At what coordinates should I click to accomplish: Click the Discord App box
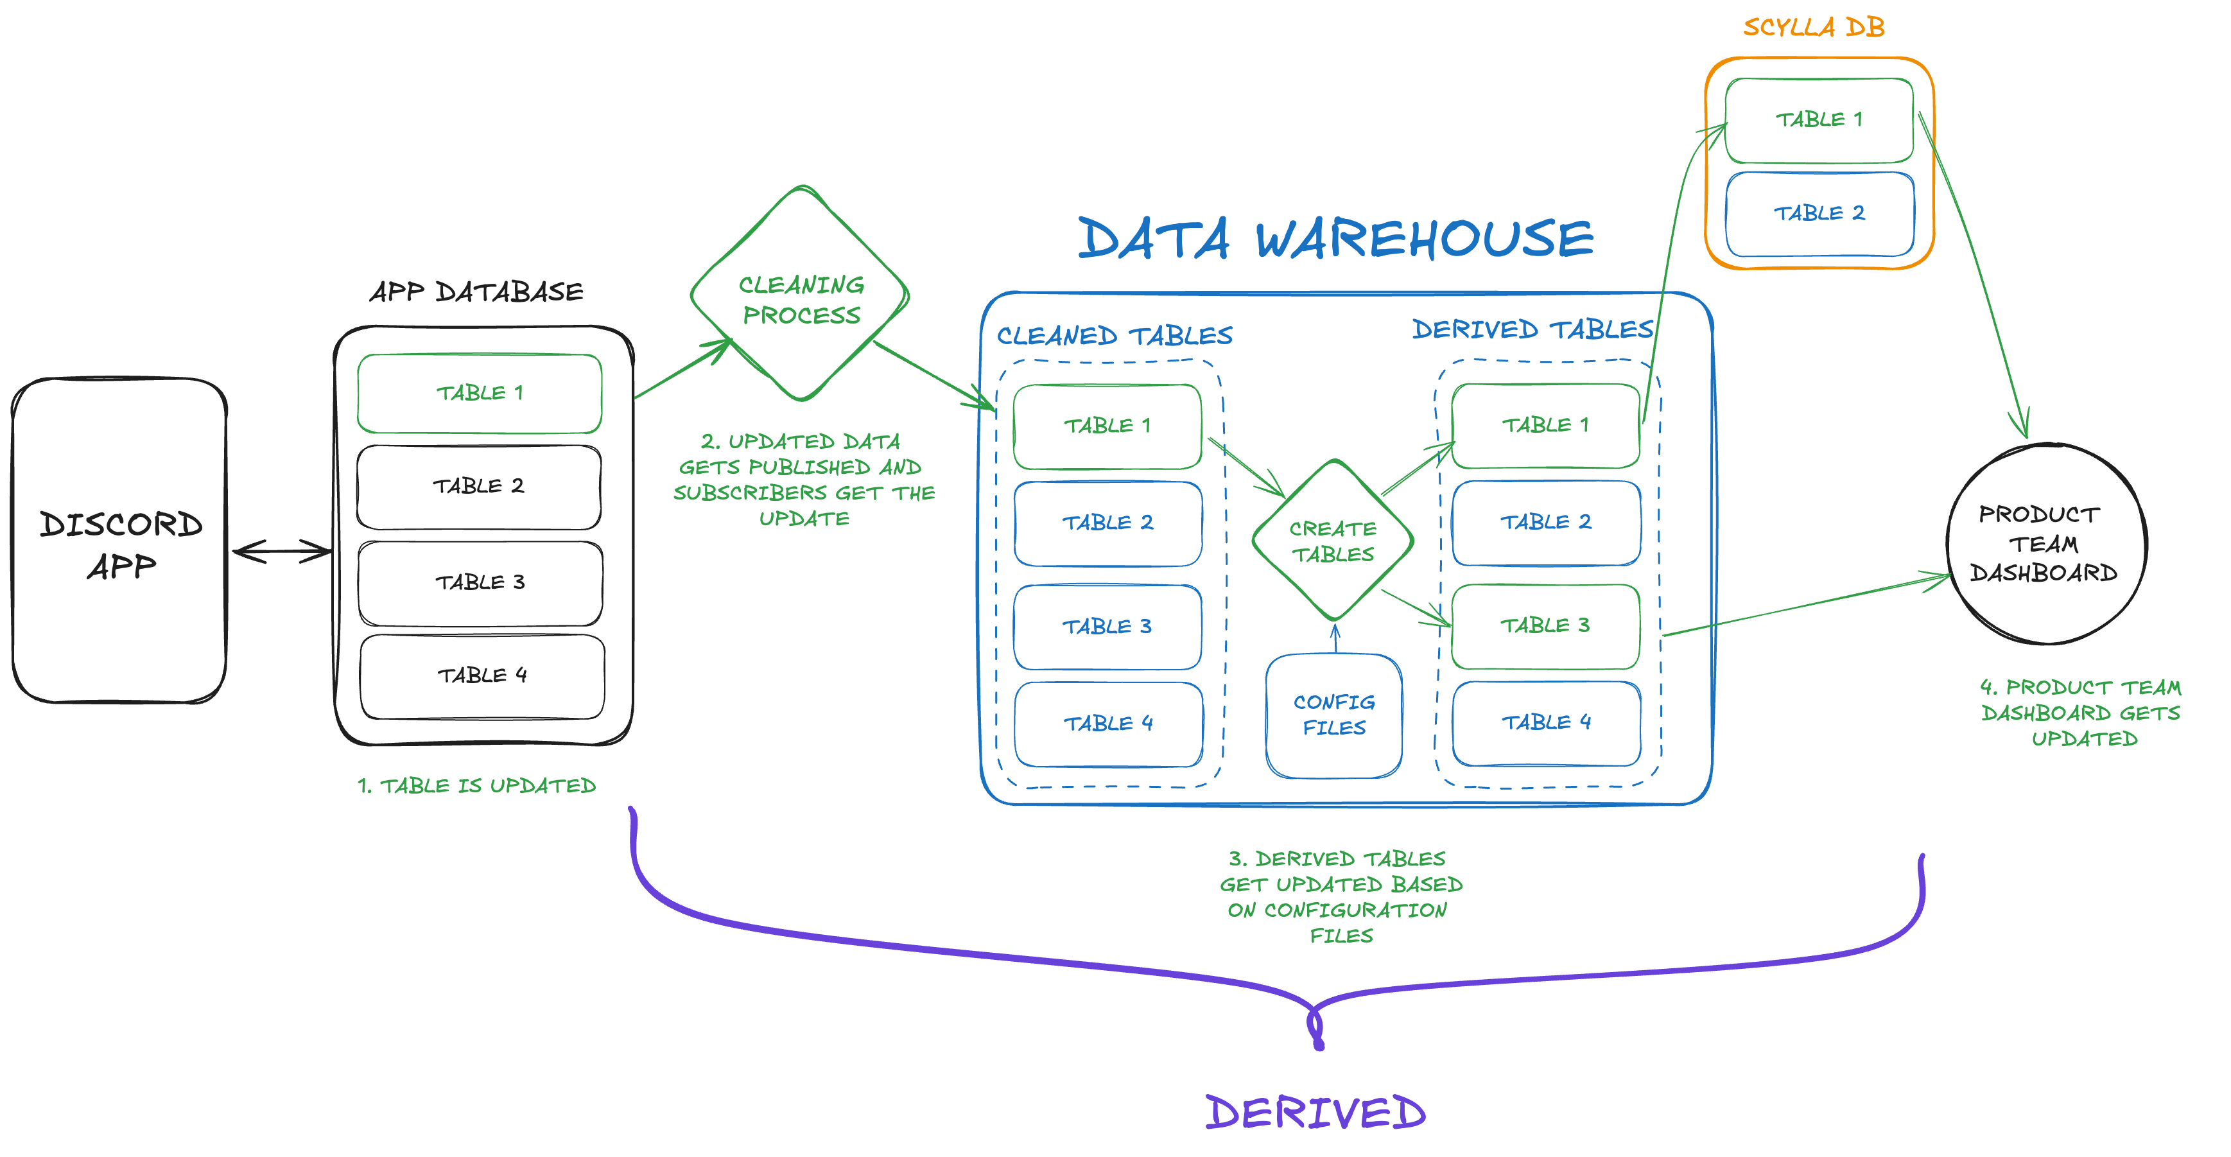point(119,541)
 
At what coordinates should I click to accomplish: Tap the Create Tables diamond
point(1333,541)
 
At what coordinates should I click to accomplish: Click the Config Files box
point(1333,715)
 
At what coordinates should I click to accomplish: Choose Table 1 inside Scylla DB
point(1819,120)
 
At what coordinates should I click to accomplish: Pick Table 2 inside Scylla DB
point(1819,214)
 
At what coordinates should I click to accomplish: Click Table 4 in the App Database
point(482,676)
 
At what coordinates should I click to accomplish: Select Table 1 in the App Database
point(480,393)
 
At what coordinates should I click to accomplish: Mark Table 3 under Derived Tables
point(1545,626)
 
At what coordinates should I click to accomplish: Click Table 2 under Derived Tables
point(1546,522)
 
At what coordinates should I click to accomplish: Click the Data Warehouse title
point(1335,239)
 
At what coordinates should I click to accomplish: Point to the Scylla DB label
point(1814,28)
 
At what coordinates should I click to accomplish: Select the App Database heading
point(476,292)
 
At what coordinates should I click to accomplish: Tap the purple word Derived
point(1315,1113)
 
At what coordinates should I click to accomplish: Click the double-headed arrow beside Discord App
point(281,552)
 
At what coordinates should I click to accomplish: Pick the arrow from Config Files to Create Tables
point(1335,639)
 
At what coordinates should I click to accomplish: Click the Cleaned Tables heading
point(1114,336)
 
